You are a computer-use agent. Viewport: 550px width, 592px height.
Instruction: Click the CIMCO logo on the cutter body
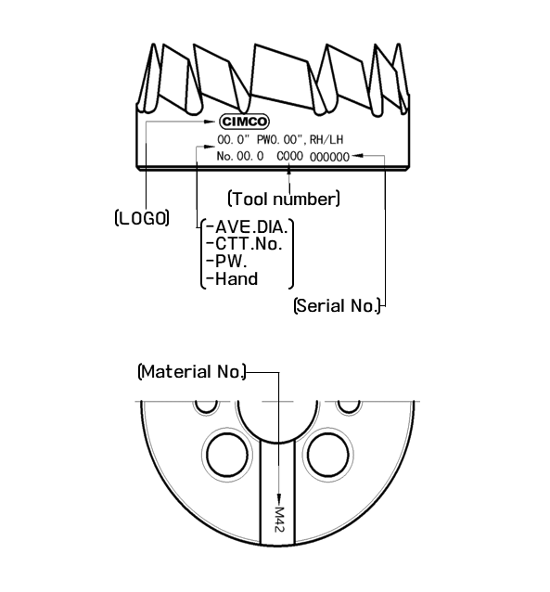tap(244, 122)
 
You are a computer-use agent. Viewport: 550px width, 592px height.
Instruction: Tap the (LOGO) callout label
tap(142, 218)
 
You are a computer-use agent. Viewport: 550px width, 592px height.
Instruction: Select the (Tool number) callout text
tap(284, 199)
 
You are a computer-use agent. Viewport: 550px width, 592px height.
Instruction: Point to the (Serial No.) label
tap(337, 305)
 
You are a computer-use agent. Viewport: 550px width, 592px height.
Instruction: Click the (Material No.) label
tap(192, 372)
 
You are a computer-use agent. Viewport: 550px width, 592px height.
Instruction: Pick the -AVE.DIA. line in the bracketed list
tap(248, 227)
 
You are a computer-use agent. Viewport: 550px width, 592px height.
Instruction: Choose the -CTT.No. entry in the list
tap(245, 244)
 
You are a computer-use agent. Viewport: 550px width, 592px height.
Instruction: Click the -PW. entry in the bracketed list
tap(227, 262)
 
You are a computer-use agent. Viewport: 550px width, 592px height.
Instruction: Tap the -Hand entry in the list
tap(233, 279)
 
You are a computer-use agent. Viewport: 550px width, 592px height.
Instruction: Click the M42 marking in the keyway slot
tap(278, 520)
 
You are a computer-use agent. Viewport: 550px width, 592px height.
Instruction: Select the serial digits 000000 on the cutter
tap(329, 157)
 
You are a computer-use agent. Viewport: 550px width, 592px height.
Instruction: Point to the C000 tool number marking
tap(289, 156)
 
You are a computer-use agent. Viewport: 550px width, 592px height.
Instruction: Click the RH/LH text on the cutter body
tap(326, 140)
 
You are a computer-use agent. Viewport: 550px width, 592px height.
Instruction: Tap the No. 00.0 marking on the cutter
tap(240, 156)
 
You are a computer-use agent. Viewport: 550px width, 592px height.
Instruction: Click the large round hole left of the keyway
tap(227, 455)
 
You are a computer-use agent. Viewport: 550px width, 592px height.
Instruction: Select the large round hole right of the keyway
tap(327, 455)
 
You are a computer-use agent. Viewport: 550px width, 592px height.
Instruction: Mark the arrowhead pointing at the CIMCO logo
tap(209, 122)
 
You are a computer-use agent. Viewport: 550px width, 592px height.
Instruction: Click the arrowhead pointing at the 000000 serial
tap(357, 155)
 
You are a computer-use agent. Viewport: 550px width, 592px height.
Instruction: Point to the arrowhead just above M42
tap(279, 498)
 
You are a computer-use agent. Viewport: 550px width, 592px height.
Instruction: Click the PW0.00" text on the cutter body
tap(280, 140)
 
